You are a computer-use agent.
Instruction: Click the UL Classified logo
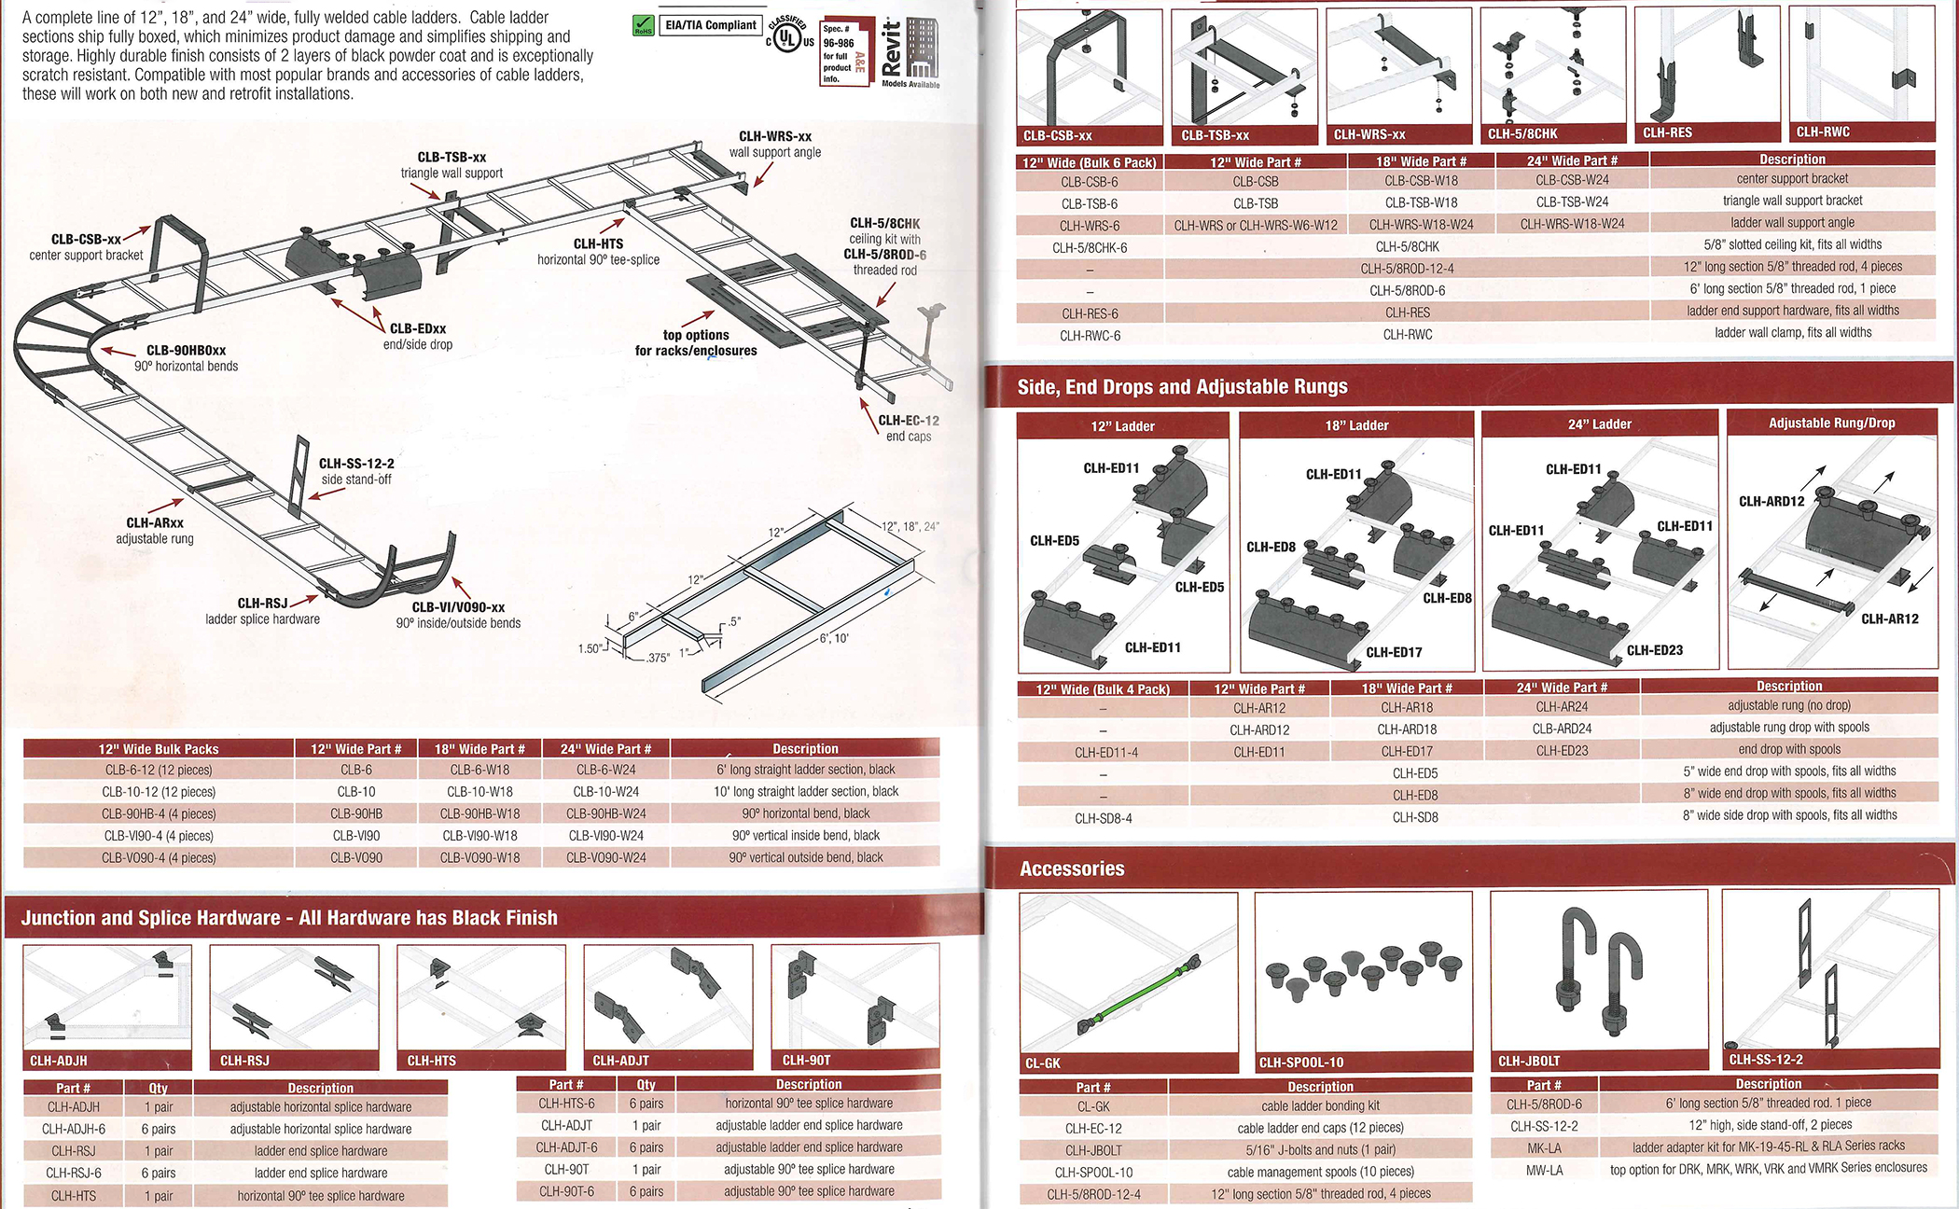tap(788, 37)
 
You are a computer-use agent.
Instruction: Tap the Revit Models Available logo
tap(910, 53)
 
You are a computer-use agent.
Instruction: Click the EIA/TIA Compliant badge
tap(711, 25)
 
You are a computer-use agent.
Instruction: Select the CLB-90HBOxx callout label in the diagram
tap(186, 351)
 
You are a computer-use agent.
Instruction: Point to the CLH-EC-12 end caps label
tap(908, 421)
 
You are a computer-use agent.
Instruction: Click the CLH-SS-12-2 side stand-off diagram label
tap(356, 464)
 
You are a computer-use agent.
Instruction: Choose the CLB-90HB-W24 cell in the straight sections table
tap(605, 813)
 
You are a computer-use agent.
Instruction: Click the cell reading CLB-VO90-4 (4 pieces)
tap(159, 857)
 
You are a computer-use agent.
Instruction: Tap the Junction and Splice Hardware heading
tap(289, 918)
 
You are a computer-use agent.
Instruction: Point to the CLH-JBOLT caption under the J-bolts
tap(1529, 1061)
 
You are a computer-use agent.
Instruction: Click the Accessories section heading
tap(1072, 869)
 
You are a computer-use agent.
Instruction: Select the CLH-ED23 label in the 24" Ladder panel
tap(1654, 650)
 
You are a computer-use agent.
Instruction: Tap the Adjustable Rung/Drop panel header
tap(1831, 424)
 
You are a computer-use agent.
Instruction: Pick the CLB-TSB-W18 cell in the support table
tap(1421, 202)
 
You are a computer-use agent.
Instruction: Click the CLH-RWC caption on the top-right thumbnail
tap(1823, 132)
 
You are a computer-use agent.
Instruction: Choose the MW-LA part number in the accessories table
tap(1544, 1170)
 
